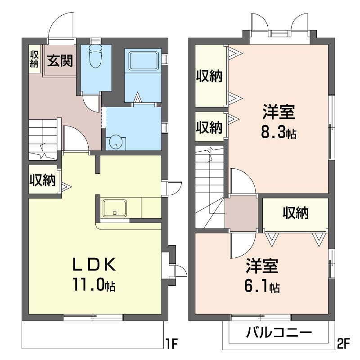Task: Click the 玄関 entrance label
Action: pyautogui.click(x=60, y=61)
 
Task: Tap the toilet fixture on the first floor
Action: pyautogui.click(x=95, y=56)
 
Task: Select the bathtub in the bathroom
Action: pyautogui.click(x=144, y=61)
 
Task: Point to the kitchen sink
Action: pyautogui.click(x=115, y=208)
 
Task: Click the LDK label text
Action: pyautogui.click(x=94, y=264)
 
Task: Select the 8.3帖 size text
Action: pyautogui.click(x=279, y=132)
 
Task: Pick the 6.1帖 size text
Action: pyautogui.click(x=262, y=286)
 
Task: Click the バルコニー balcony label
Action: pyautogui.click(x=279, y=332)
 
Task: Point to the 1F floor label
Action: pyautogui.click(x=172, y=343)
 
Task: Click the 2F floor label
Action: pyautogui.click(x=343, y=343)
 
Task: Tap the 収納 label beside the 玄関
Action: pyautogui.click(x=34, y=59)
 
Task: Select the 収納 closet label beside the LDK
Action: pyautogui.click(x=43, y=180)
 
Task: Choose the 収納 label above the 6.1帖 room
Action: pyautogui.click(x=296, y=213)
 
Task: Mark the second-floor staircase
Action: pyautogui.click(x=210, y=187)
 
